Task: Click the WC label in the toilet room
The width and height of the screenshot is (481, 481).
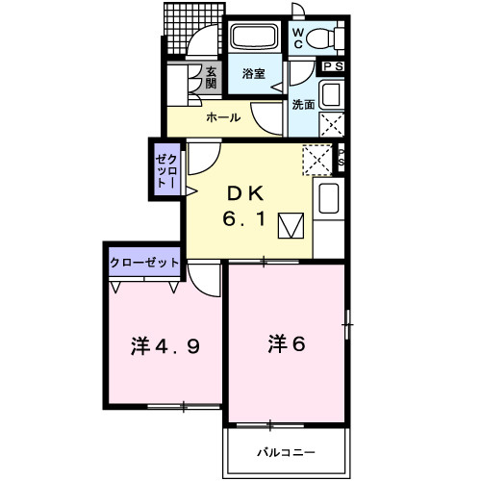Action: (298, 38)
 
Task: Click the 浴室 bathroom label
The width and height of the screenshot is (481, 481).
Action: (253, 73)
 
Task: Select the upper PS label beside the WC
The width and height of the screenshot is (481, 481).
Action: (334, 66)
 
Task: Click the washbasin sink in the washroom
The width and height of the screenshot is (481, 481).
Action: (329, 94)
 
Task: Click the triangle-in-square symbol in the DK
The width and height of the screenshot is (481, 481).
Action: (291, 227)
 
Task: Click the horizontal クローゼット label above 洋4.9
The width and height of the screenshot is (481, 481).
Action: (142, 261)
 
